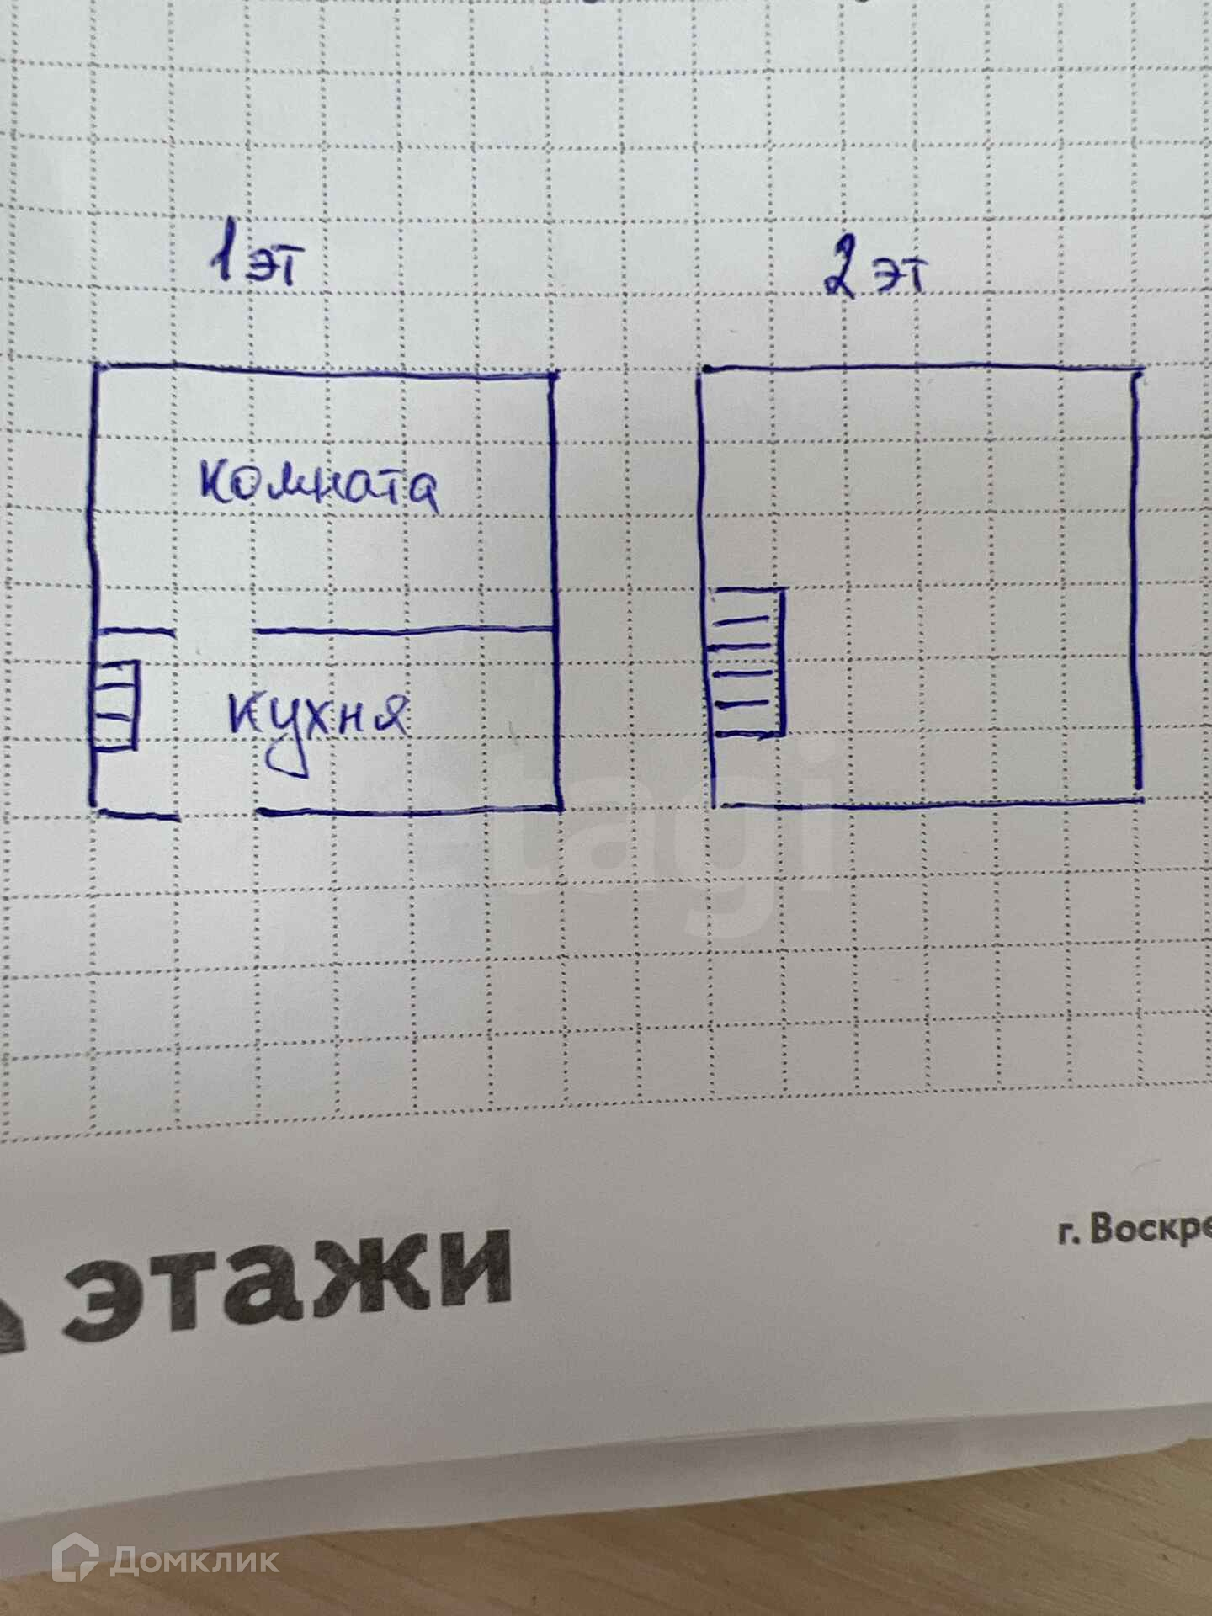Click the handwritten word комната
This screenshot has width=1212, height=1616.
coord(320,486)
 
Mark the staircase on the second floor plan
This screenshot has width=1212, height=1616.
coord(747,663)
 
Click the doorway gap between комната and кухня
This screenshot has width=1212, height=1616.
coord(215,630)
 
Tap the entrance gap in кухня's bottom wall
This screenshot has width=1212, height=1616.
coord(218,814)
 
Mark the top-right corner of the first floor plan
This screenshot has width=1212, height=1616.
coord(552,375)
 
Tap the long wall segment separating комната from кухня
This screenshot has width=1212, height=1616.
coord(404,630)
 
